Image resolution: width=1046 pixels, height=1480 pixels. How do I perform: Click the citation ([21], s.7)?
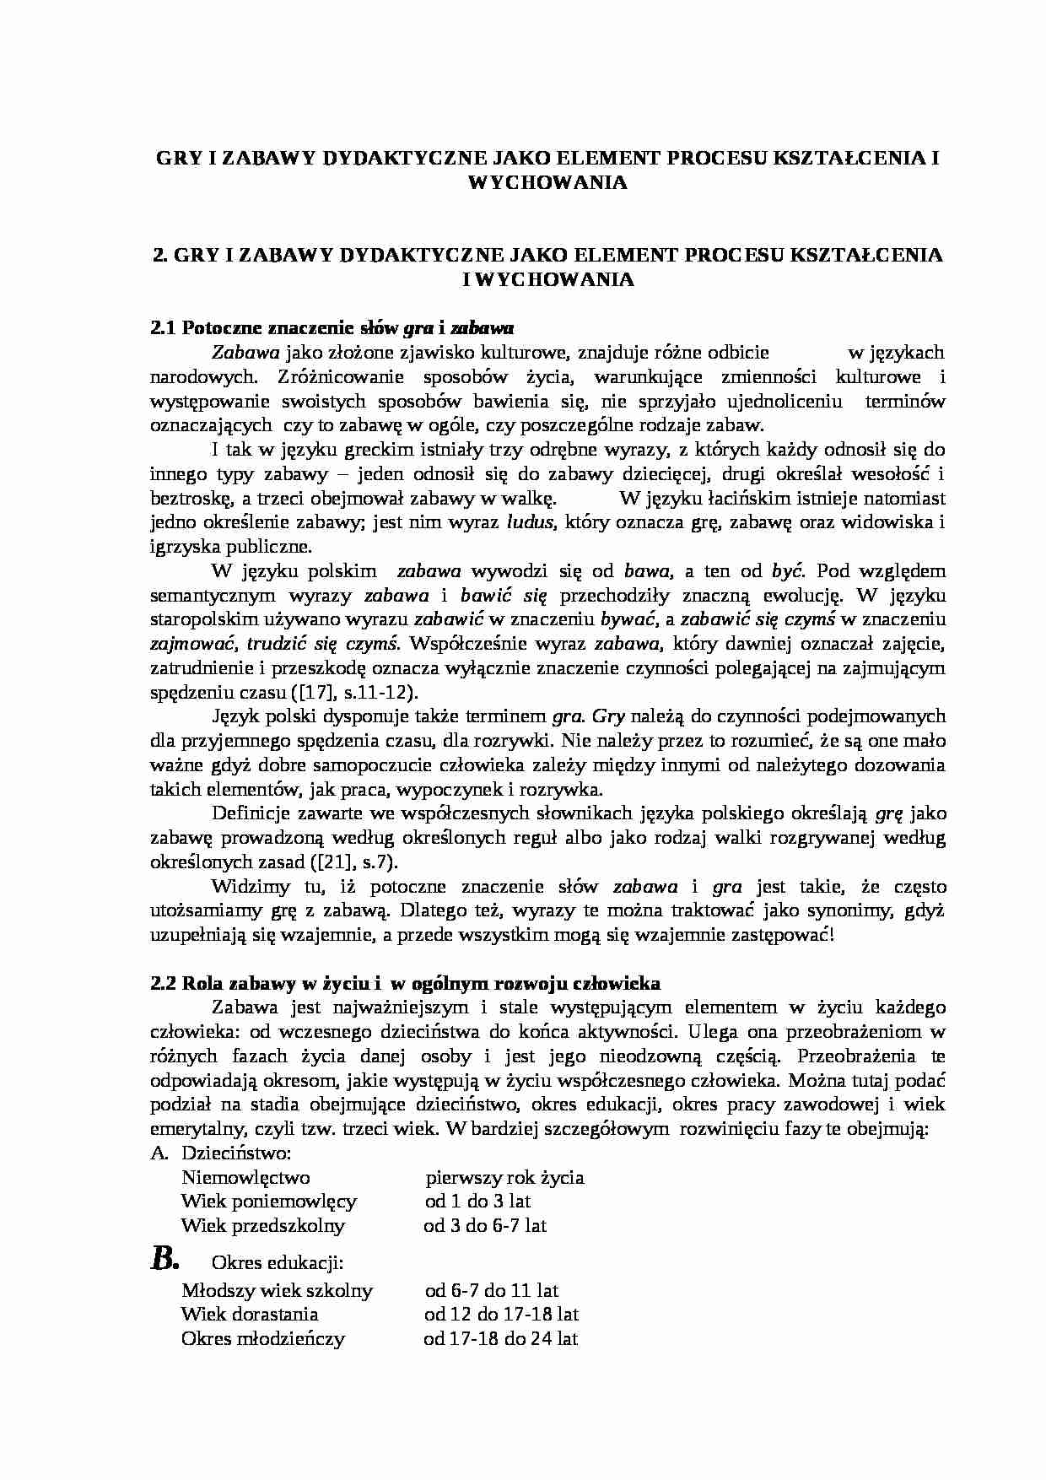pyautogui.click(x=341, y=863)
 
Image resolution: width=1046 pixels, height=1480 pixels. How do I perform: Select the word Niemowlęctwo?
pyautogui.click(x=245, y=1177)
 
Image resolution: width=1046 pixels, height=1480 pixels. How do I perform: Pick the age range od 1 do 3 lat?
pyautogui.click(x=477, y=1201)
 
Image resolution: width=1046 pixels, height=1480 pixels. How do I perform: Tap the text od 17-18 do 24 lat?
pyautogui.click(x=500, y=1338)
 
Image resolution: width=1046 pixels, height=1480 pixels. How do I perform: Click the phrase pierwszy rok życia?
pyautogui.click(x=504, y=1177)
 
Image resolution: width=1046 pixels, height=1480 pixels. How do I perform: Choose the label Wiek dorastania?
pyautogui.click(x=250, y=1314)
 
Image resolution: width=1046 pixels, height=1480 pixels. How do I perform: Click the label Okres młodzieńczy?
pyautogui.click(x=263, y=1338)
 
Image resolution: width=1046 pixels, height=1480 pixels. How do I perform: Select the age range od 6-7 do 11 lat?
pyautogui.click(x=491, y=1290)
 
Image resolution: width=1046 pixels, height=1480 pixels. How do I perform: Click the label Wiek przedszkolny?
pyautogui.click(x=263, y=1225)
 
